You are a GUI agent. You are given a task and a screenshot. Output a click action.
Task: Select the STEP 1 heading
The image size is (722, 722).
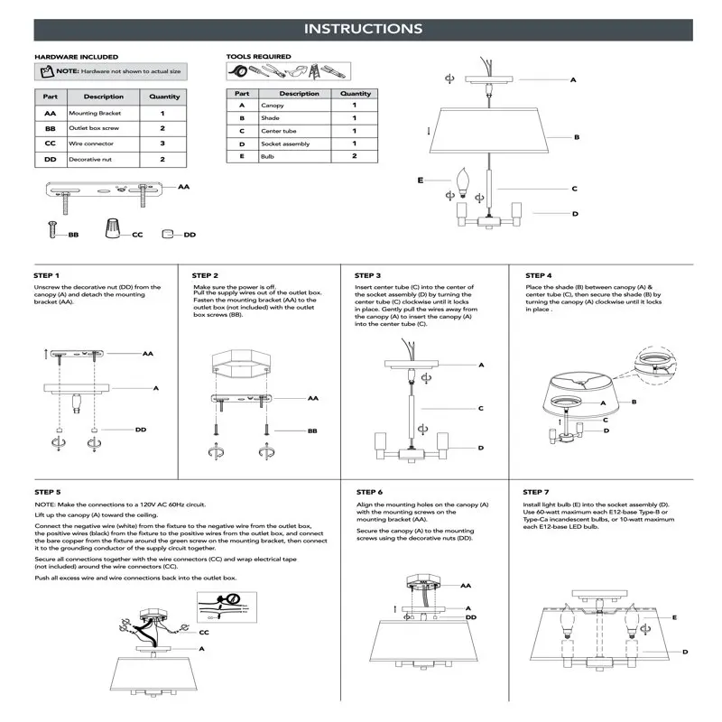coord(47,275)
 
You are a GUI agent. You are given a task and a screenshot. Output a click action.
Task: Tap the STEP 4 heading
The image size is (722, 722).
coord(538,275)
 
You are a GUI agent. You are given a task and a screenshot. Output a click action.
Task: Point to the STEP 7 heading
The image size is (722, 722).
coord(537,492)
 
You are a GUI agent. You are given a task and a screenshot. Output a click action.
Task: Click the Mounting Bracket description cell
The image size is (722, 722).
coord(104,114)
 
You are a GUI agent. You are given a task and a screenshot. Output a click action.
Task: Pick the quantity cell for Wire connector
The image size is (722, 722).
coord(162,143)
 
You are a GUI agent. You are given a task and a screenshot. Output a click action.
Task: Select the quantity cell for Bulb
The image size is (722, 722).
coord(355,156)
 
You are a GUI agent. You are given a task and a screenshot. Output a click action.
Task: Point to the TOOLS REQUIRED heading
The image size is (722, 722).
coord(258,57)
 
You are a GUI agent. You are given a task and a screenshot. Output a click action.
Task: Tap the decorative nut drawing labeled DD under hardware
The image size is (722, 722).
coord(168,234)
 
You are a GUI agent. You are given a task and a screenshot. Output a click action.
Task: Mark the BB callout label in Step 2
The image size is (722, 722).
coord(312,431)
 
